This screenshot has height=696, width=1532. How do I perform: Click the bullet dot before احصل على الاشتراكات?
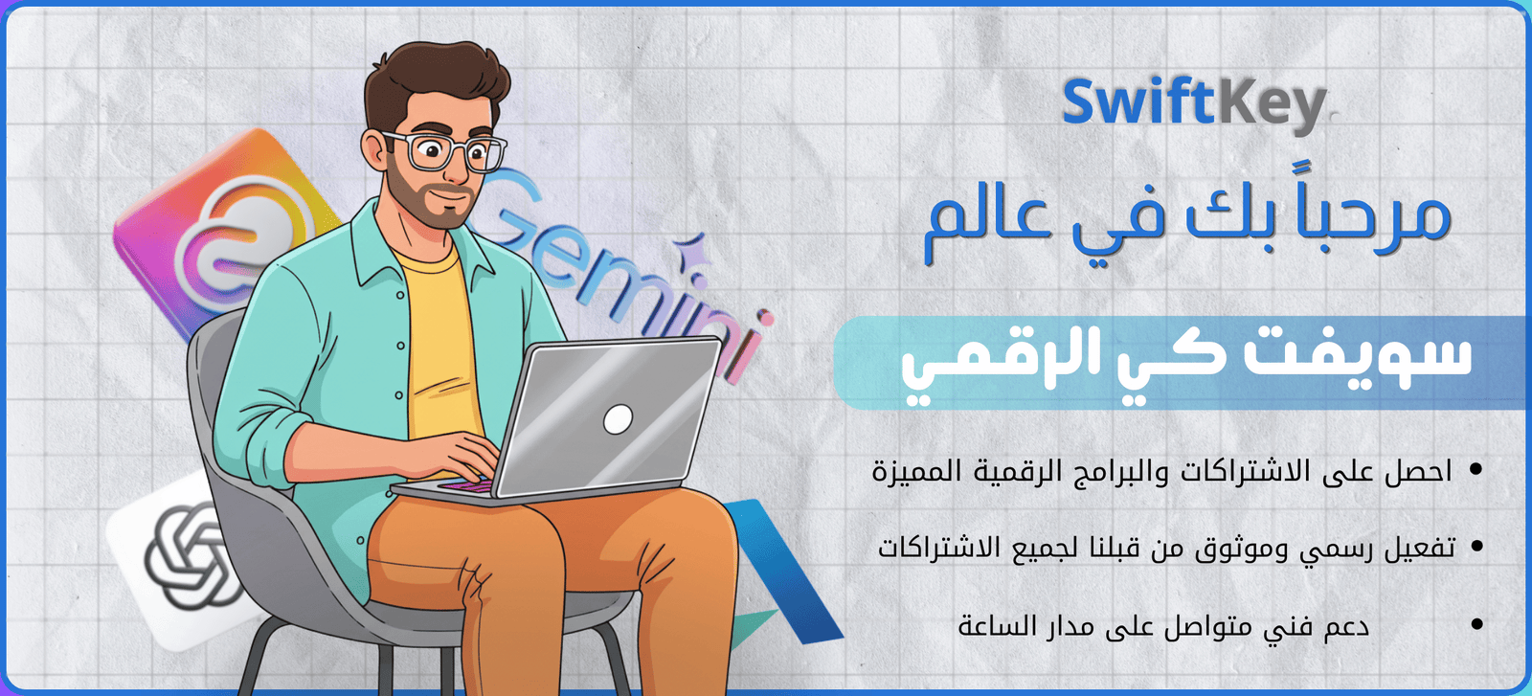[x=1476, y=470]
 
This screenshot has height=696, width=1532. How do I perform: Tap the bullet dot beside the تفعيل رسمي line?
[x=1476, y=547]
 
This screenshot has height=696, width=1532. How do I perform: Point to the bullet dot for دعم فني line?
[x=1476, y=623]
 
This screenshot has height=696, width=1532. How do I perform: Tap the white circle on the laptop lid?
[x=618, y=419]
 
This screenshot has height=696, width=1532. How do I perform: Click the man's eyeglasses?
[x=444, y=150]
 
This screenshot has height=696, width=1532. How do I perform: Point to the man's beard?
[x=424, y=198]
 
